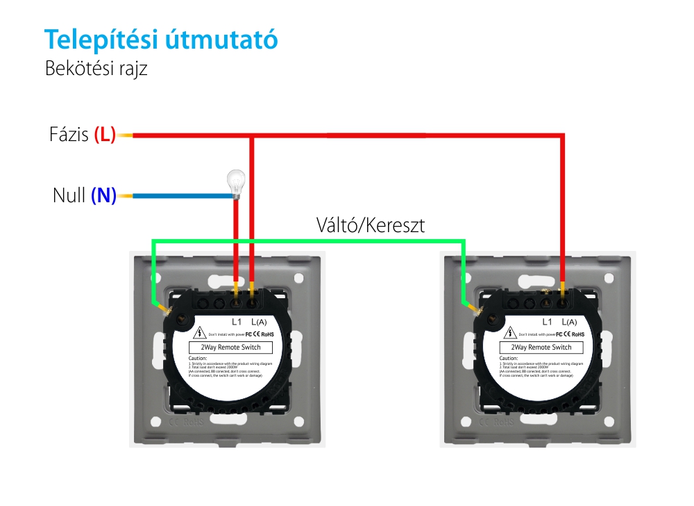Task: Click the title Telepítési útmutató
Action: coord(161,40)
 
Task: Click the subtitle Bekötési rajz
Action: coord(96,69)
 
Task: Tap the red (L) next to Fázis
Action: coord(105,134)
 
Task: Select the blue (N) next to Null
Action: coord(103,195)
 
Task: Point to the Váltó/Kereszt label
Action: coord(370,225)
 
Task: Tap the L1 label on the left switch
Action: coord(236,322)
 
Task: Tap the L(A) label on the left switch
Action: coord(259,322)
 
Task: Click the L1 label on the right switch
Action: coord(546,322)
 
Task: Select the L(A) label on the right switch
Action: coord(569,322)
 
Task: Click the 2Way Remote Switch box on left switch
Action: coord(231,347)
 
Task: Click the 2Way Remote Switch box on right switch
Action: coord(541,347)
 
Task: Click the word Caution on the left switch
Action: coord(198,358)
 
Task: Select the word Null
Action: coord(69,195)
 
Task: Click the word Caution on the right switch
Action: coord(508,358)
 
